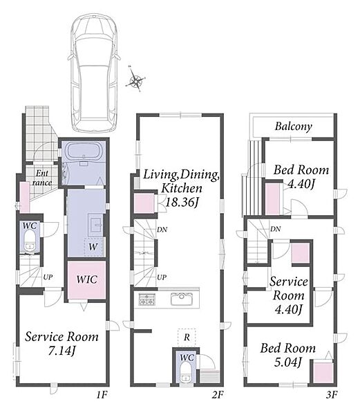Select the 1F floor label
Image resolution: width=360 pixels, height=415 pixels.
coord(102,395)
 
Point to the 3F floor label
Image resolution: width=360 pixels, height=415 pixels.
coord(332,395)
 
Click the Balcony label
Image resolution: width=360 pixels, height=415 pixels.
coord(294,127)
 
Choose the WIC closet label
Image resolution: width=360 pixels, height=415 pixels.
coord(87,279)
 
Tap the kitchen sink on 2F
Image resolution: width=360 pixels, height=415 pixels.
coord(182,299)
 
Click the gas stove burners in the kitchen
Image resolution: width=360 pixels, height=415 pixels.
coord(146,299)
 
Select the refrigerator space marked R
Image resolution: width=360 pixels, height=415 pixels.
coord(187,338)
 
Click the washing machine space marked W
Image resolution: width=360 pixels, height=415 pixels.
coord(93,247)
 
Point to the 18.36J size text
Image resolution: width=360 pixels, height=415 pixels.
coord(182,203)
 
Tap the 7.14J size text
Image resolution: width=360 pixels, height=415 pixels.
coord(61,351)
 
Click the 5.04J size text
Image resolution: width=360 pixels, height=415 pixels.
coord(288,362)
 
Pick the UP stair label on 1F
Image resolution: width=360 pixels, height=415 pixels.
coord(48,277)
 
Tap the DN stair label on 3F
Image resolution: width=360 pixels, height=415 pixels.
coord(276,229)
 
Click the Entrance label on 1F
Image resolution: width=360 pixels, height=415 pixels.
coord(42,178)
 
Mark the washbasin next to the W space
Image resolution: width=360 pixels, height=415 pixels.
coord(95,225)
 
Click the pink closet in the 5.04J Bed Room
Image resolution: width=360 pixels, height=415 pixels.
coord(323,372)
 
